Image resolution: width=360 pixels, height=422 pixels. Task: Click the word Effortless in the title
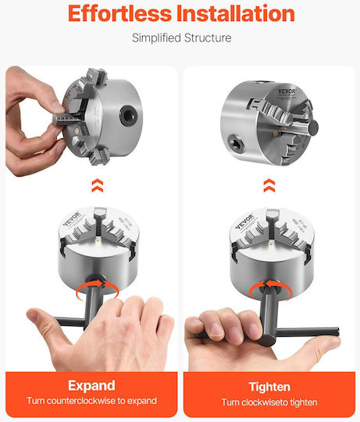tap(119, 13)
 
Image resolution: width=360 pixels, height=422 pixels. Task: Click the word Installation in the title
tap(236, 13)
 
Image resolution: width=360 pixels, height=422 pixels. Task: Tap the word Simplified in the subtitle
tap(156, 38)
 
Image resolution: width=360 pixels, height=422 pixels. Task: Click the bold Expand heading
tap(91, 386)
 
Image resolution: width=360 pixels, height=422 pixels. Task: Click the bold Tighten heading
tap(269, 387)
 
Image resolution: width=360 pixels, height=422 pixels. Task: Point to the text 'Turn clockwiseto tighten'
tap(269, 402)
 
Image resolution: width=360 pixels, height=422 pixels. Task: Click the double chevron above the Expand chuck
tap(98, 185)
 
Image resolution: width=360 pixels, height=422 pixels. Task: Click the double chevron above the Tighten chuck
tap(269, 185)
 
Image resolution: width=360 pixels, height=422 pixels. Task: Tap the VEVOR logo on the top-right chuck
tap(287, 91)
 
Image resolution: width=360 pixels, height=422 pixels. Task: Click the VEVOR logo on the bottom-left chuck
tap(72, 219)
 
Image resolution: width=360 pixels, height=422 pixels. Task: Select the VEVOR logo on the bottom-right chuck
tap(244, 221)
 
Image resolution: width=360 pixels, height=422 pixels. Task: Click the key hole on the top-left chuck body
tap(129, 115)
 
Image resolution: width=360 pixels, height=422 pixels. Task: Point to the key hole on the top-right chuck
tap(236, 145)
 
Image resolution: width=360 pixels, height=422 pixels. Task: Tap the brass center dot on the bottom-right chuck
tap(271, 245)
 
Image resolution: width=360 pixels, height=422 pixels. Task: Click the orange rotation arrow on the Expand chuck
tap(98, 289)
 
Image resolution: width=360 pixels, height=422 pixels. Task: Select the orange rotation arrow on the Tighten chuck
tap(270, 290)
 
